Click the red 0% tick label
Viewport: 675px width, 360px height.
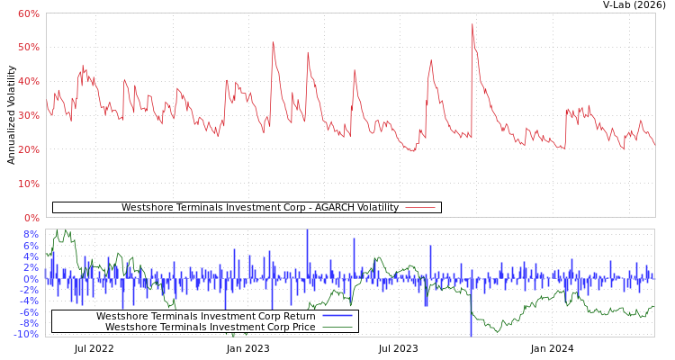[x=31, y=218]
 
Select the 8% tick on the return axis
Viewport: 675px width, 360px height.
[x=31, y=234]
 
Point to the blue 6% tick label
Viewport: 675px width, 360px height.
[x=31, y=246]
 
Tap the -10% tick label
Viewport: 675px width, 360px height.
[x=26, y=335]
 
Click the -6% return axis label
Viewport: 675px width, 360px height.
[x=29, y=312]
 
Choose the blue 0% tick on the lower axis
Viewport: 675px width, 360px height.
[x=31, y=279]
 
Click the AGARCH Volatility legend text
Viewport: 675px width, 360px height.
[x=259, y=208]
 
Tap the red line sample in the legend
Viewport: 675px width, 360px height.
[x=420, y=208]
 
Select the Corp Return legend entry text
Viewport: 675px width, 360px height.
[x=205, y=316]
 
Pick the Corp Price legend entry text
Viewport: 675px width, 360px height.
[x=210, y=327]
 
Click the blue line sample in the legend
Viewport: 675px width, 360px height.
[x=337, y=316]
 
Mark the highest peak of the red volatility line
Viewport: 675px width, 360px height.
[x=472, y=24]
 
